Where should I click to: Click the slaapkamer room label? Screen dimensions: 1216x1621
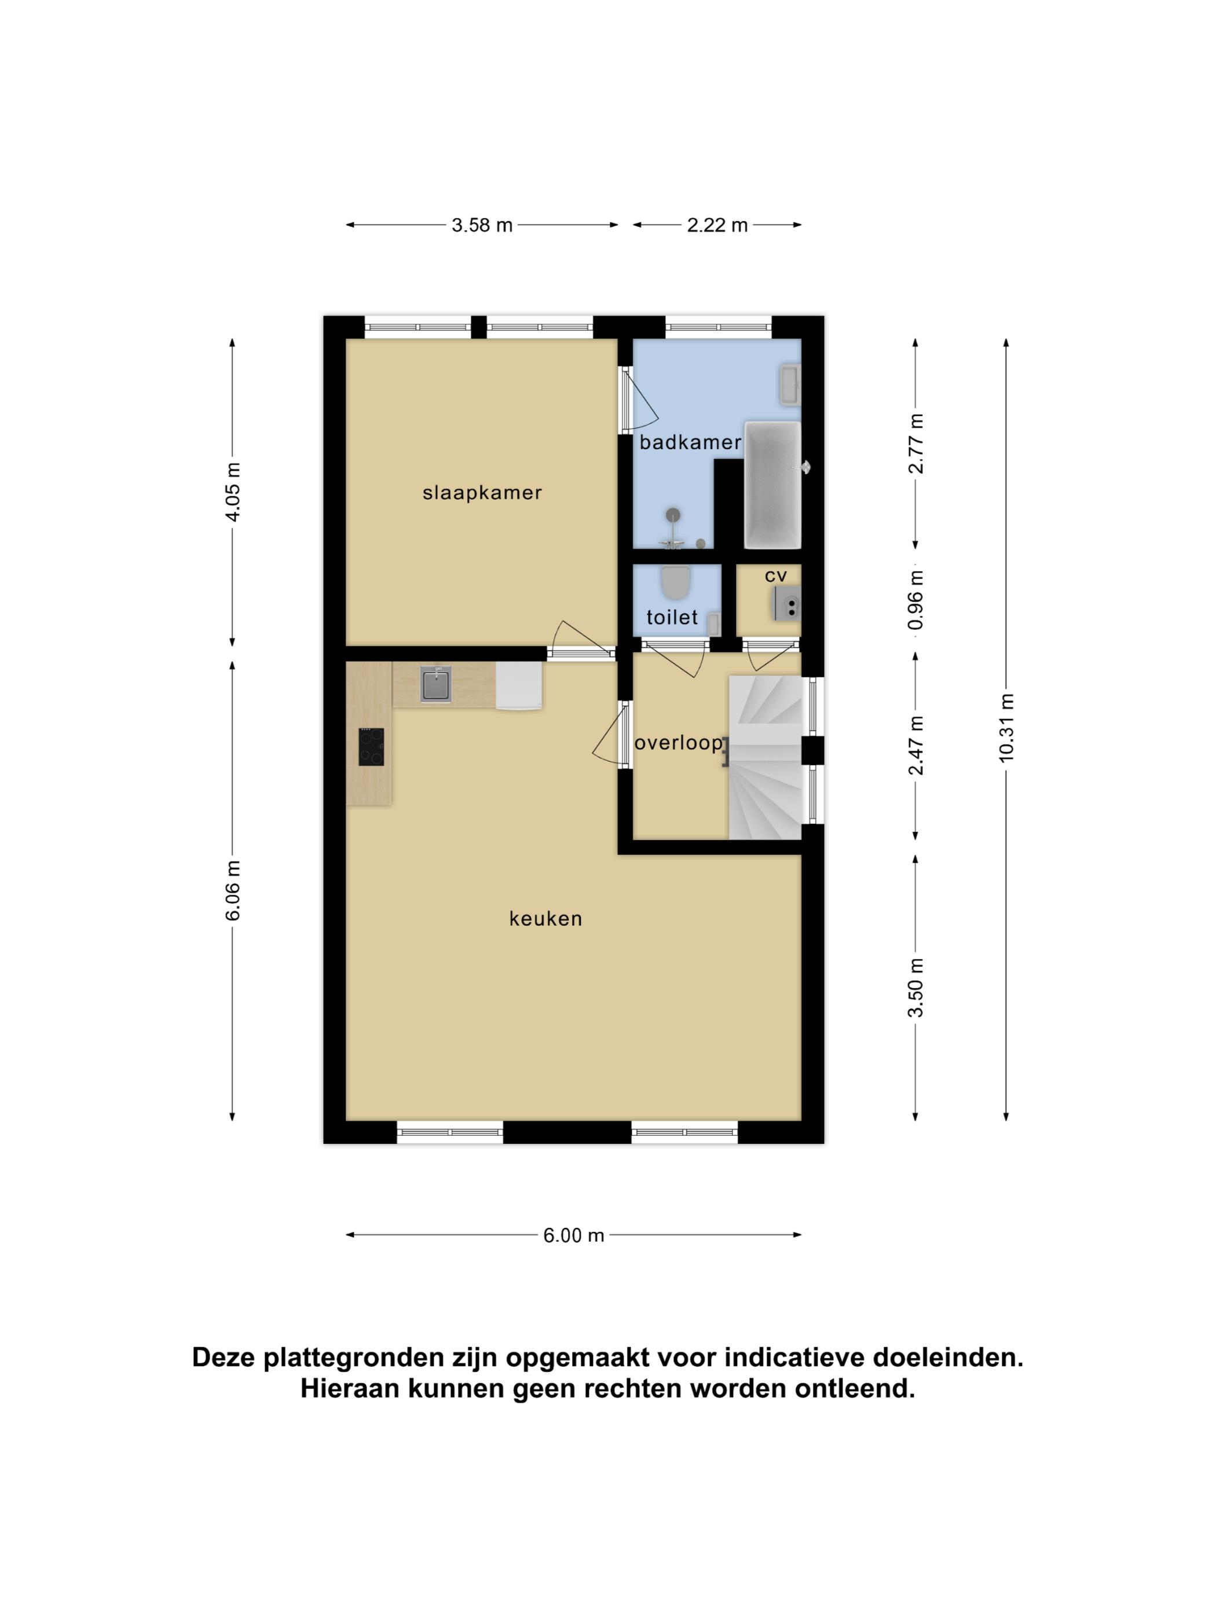(482, 493)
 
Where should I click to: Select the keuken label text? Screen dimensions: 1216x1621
(545, 918)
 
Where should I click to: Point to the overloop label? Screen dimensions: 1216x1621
(679, 743)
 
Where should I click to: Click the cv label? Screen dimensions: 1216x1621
(775, 576)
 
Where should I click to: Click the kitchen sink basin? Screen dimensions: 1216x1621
(436, 684)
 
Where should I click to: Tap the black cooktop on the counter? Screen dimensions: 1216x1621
(371, 747)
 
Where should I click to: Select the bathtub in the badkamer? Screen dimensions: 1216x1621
(772, 485)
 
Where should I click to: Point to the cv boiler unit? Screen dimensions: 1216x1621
(786, 604)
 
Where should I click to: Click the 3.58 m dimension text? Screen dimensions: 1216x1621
(482, 225)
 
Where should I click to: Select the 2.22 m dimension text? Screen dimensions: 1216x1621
(717, 225)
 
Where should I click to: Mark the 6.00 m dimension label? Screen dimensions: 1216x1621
(573, 1235)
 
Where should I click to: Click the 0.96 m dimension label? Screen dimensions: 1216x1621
(915, 600)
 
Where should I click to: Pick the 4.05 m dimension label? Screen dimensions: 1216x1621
(232, 492)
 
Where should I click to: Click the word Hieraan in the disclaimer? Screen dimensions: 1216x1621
(350, 1388)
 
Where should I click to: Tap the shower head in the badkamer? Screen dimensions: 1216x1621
(672, 515)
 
